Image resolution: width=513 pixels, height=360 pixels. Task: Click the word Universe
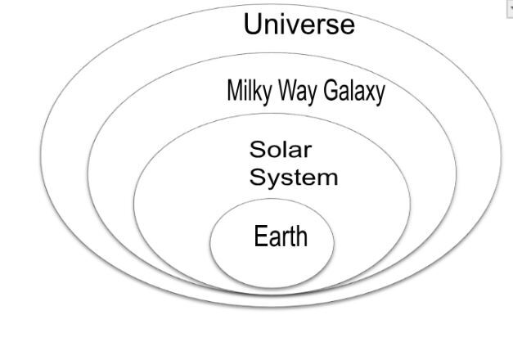click(x=299, y=25)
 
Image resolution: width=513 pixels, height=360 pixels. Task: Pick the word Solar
click(x=281, y=151)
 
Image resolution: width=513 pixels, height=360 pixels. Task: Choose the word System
click(x=293, y=177)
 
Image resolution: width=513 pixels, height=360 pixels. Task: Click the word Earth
click(x=281, y=236)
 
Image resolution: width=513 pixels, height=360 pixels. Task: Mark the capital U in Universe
click(x=254, y=25)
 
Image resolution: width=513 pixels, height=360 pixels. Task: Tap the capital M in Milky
click(x=234, y=91)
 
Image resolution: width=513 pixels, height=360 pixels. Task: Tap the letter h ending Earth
click(x=302, y=236)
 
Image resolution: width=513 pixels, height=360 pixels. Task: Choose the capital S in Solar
click(x=257, y=151)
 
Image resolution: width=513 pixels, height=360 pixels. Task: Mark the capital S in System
click(x=257, y=177)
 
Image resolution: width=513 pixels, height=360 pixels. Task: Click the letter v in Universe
click(x=295, y=26)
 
